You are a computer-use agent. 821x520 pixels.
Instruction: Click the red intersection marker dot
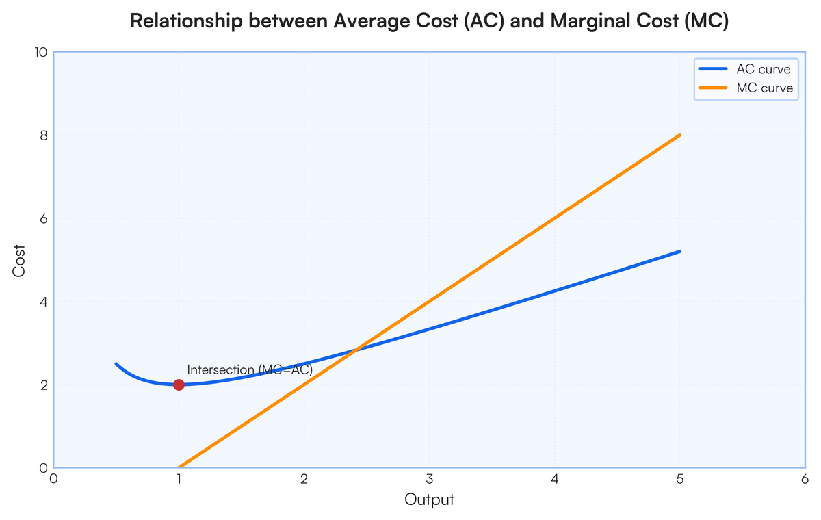coord(179,385)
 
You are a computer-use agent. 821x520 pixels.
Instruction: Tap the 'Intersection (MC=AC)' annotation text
coord(249,370)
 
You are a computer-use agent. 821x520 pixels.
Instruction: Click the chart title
coord(429,21)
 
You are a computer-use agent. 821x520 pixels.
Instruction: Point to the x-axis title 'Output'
coord(429,499)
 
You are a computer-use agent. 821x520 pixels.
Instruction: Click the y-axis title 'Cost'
coord(19,260)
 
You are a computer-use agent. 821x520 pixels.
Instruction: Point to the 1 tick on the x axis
coord(179,479)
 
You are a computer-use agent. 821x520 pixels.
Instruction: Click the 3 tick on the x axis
coord(429,479)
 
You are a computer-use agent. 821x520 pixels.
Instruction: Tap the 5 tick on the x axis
coord(680,479)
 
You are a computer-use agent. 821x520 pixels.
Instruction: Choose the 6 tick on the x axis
coord(805,479)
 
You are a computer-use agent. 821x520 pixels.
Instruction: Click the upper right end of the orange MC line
coord(680,135)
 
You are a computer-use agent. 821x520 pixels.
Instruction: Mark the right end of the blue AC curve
coord(680,252)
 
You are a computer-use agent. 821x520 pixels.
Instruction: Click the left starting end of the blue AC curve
coord(116,364)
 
